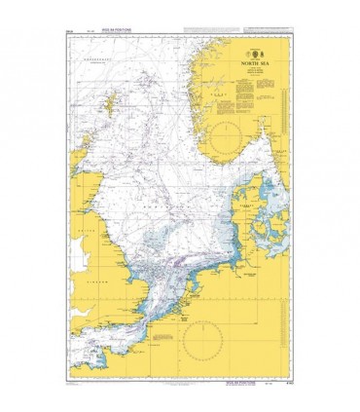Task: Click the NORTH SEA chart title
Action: click(x=249, y=70)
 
